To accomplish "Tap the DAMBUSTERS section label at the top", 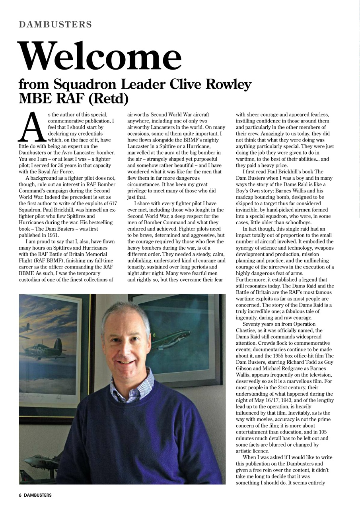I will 55,25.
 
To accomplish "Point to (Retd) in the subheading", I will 109,98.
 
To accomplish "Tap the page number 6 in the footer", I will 20,495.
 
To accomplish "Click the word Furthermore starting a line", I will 253,273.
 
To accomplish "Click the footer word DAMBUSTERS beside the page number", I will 38,495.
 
